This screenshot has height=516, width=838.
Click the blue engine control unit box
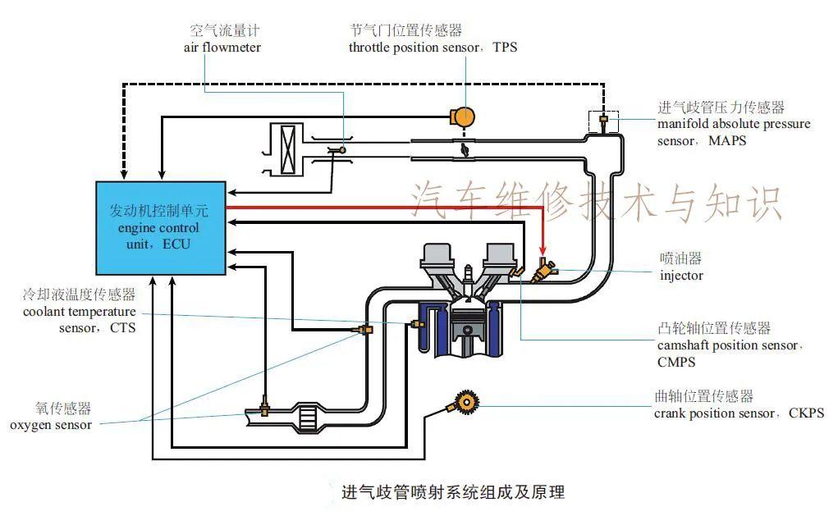pyautogui.click(x=160, y=227)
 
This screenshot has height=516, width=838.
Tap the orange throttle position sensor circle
pyautogui.click(x=465, y=116)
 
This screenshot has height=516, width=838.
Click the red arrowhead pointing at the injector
pyautogui.click(x=543, y=250)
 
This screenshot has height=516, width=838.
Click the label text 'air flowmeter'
pyautogui.click(x=222, y=48)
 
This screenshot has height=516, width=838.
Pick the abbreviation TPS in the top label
pyautogui.click(x=505, y=48)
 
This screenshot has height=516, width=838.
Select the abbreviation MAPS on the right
pyautogui.click(x=726, y=141)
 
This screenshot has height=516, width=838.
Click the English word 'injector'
pyautogui.click(x=681, y=276)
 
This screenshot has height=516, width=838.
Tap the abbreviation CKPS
pyautogui.click(x=806, y=413)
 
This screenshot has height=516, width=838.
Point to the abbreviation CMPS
pyautogui.click(x=675, y=362)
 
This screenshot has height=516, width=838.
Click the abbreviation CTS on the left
pyautogui.click(x=122, y=328)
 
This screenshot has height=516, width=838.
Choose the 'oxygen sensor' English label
pyautogui.click(x=51, y=425)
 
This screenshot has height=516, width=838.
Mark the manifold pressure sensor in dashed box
pyautogui.click(x=603, y=121)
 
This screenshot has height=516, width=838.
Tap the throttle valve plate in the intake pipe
pyautogui.click(x=465, y=150)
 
